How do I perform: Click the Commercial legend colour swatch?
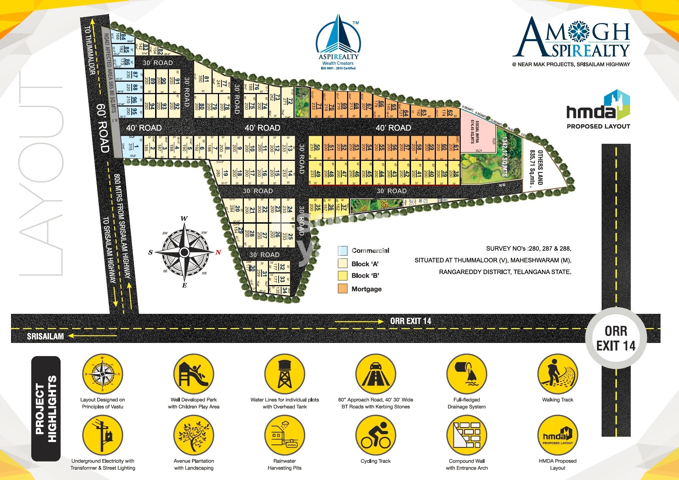[x=343, y=251]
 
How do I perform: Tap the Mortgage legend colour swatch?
[x=343, y=289]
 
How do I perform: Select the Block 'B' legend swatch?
[x=343, y=276]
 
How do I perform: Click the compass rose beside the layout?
[x=184, y=252]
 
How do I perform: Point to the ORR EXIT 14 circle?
[x=616, y=338]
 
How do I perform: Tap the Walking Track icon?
[x=558, y=374]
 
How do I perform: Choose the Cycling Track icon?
[x=376, y=435]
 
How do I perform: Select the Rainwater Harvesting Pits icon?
[x=285, y=435]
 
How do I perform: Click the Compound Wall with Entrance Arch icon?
[x=467, y=435]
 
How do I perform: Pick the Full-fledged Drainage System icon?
[x=467, y=374]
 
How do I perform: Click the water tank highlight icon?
[x=285, y=374]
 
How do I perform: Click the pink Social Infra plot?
[x=477, y=133]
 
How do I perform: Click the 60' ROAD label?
[x=102, y=128]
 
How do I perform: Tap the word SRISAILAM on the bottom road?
[x=45, y=336]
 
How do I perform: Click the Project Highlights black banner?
[x=46, y=409]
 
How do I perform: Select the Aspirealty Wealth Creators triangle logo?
[x=338, y=41]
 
